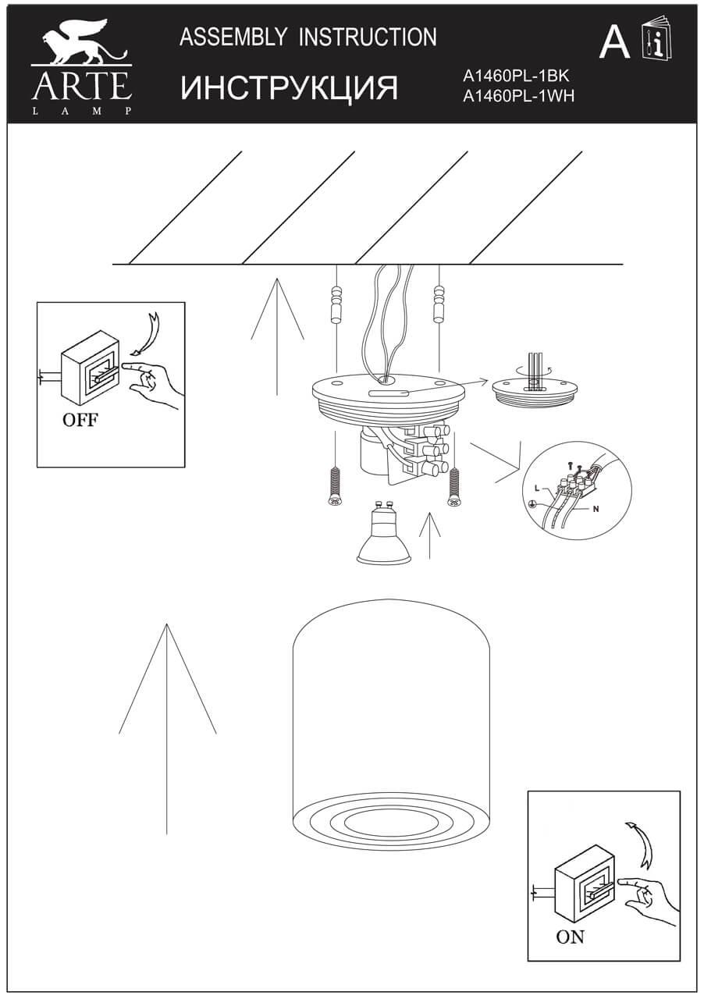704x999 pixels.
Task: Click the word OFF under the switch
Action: [80, 421]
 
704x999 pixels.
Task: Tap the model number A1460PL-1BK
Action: [517, 76]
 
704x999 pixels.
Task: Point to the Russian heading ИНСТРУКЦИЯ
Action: [290, 88]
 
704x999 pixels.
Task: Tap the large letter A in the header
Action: [614, 43]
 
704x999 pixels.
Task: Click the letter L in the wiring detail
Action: [537, 487]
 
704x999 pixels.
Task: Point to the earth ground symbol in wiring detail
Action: [533, 504]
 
